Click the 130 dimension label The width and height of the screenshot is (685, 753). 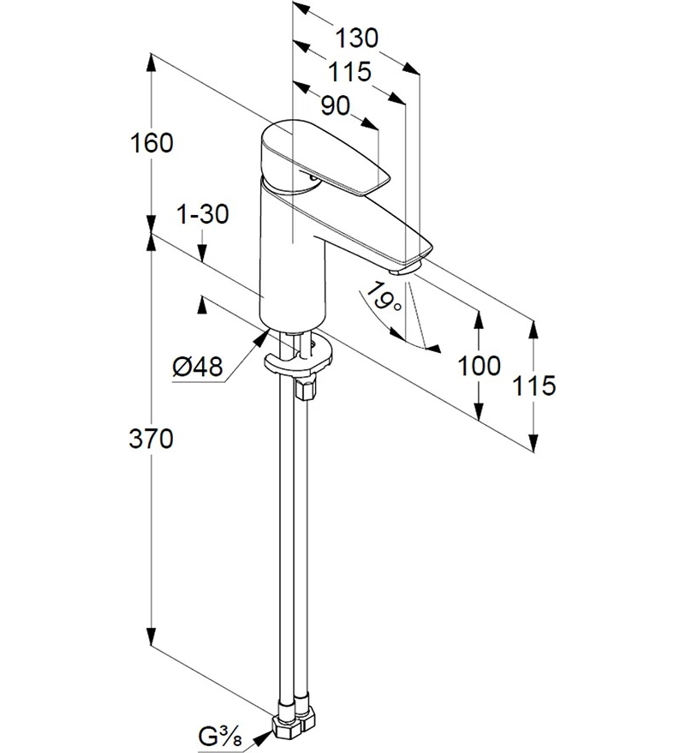[357, 38]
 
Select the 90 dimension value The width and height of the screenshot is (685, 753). [336, 105]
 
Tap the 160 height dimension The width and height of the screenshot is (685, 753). [152, 143]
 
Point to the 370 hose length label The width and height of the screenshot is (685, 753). [151, 439]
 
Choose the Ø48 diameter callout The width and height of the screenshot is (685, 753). [198, 368]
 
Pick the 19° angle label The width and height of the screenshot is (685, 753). [383, 298]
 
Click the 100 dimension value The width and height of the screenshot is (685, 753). [479, 366]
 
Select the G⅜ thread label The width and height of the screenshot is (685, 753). [220, 737]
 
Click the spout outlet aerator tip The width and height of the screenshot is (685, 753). [405, 270]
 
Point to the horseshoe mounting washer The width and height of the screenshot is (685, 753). [299, 359]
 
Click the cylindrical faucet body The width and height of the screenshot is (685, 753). [292, 260]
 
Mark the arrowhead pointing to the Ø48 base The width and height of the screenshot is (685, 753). [260, 338]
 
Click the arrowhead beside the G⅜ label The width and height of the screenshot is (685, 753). [262, 738]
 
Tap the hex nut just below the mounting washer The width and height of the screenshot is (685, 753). [307, 387]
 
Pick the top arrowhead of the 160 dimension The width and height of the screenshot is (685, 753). [152, 64]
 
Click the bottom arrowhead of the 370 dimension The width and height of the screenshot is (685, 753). [152, 636]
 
